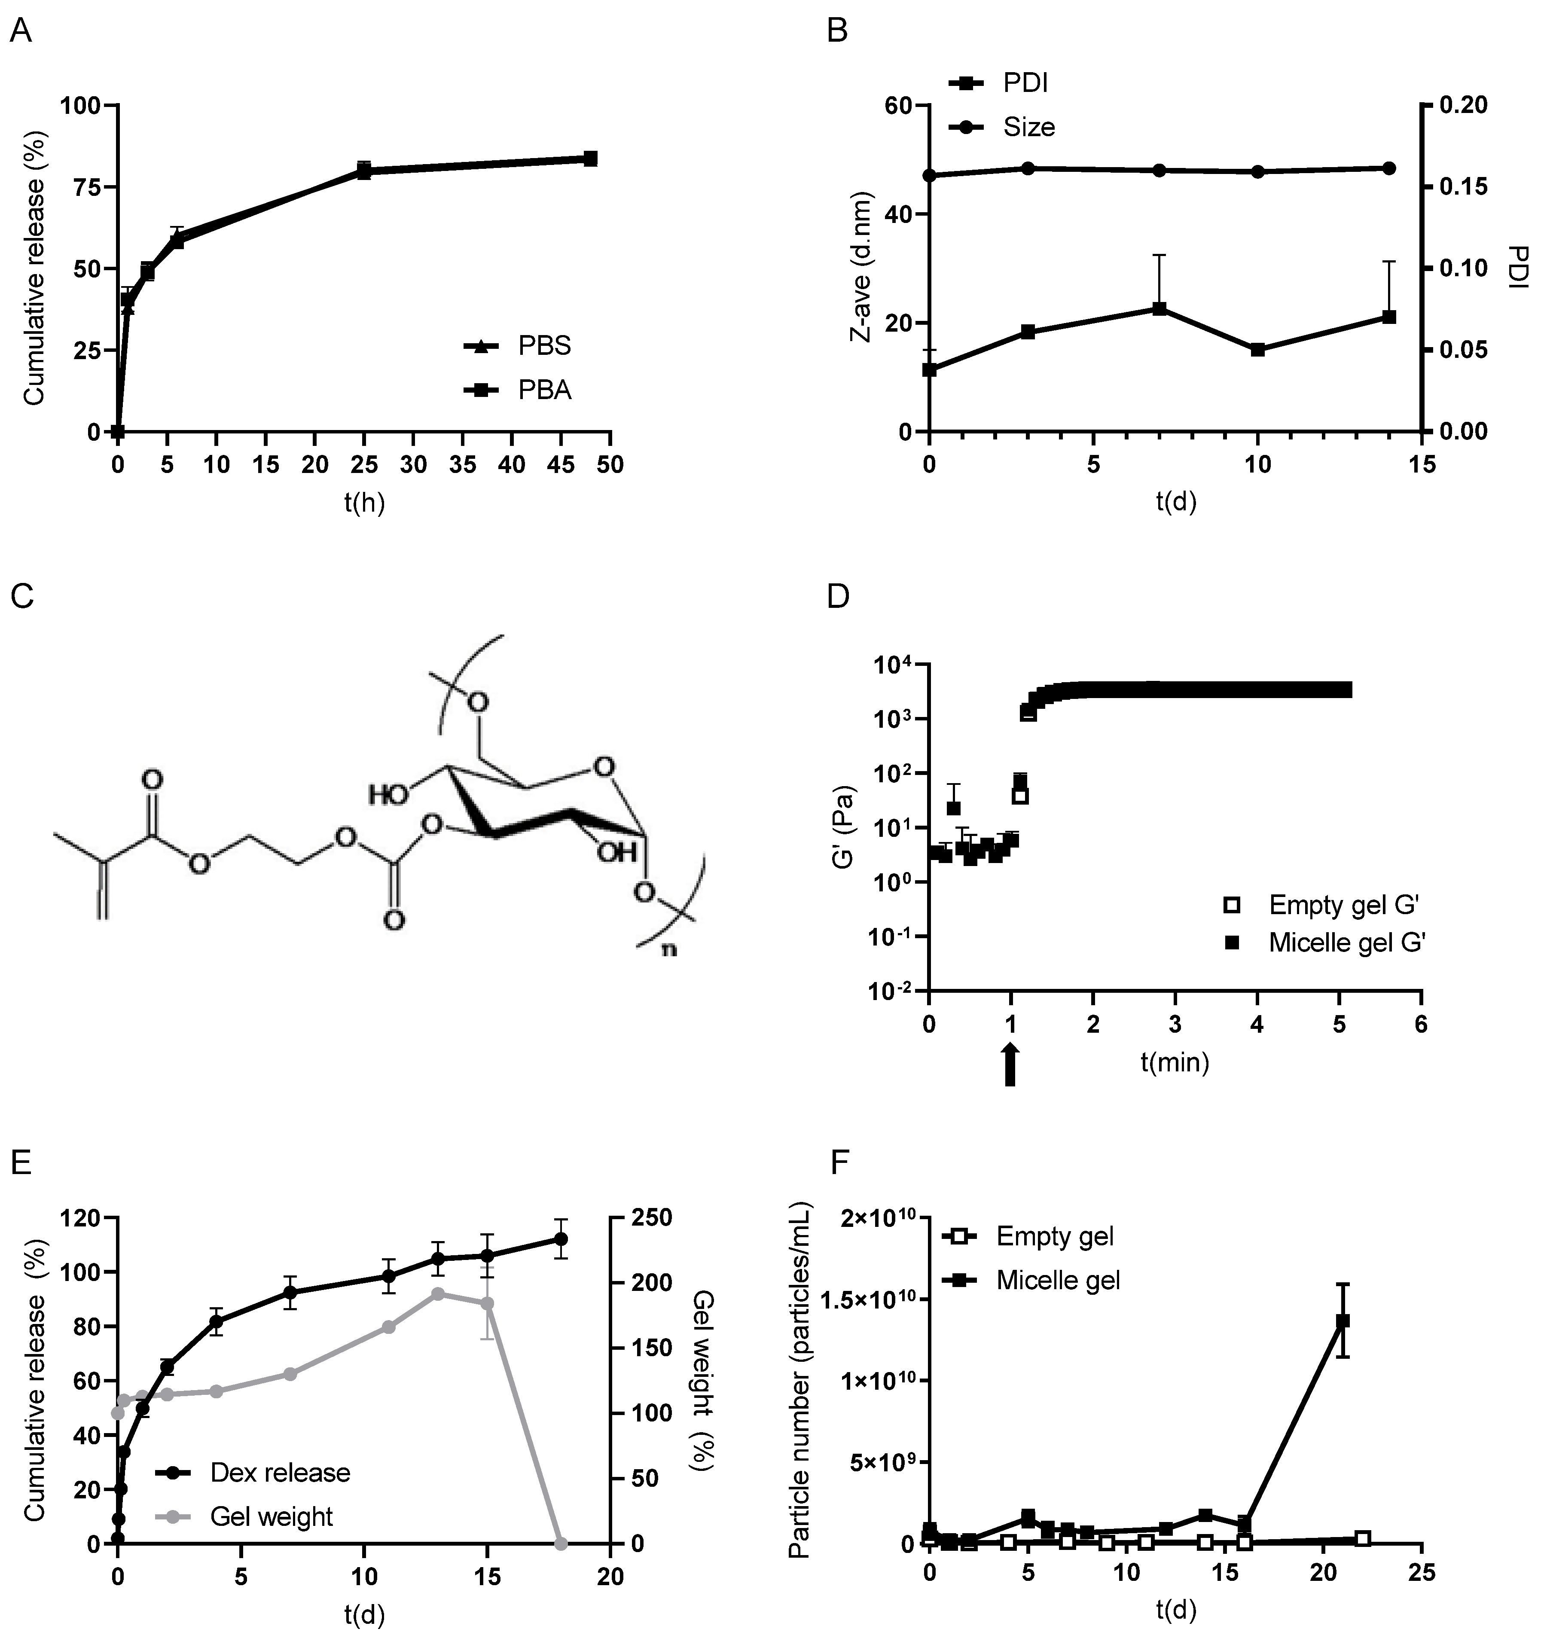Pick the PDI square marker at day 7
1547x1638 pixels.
pos(1159,308)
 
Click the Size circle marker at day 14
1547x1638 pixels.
pos(1388,168)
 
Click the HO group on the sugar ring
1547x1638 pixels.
pos(388,795)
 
